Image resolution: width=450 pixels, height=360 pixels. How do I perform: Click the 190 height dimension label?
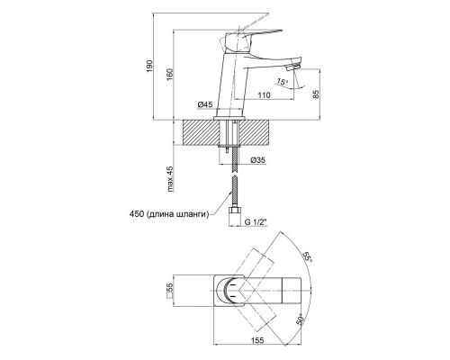point(149,66)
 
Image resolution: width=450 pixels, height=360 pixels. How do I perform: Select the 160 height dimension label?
point(170,75)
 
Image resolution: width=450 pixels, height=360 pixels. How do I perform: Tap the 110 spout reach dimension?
point(264,95)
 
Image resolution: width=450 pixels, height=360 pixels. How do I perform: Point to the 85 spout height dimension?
point(315,94)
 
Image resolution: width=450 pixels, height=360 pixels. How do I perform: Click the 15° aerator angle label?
point(282,81)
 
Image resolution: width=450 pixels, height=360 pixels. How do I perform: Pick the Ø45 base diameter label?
point(205,104)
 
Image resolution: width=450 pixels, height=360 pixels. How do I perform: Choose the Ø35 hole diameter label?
point(258,160)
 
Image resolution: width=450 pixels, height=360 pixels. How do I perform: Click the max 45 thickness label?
point(170,179)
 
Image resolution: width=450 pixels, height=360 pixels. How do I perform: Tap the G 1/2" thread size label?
point(256,222)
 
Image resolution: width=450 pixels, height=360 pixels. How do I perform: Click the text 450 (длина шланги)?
point(169,214)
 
